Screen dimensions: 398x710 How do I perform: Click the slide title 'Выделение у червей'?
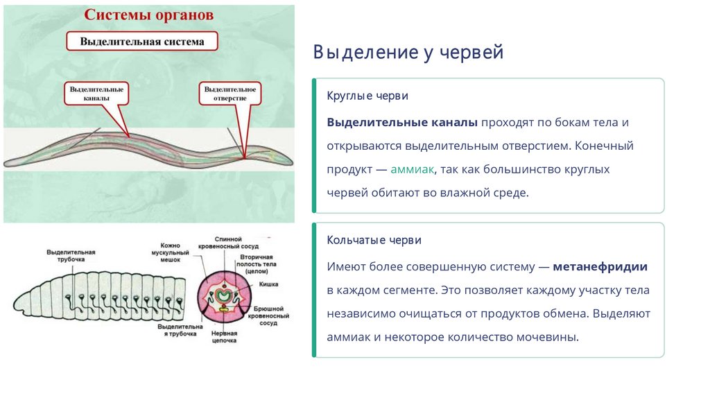[408, 53]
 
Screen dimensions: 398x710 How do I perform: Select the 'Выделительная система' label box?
[142, 42]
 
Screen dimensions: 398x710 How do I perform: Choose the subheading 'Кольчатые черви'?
[374, 240]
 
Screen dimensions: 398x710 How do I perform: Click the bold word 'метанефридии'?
[600, 266]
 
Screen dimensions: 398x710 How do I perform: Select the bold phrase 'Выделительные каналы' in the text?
[402, 122]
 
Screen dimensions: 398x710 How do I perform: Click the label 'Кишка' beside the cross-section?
[270, 284]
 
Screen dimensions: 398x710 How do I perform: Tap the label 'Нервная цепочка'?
[224, 338]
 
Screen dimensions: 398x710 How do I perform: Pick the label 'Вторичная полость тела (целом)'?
[263, 264]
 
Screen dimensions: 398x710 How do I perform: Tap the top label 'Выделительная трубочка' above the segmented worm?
[71, 255]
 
